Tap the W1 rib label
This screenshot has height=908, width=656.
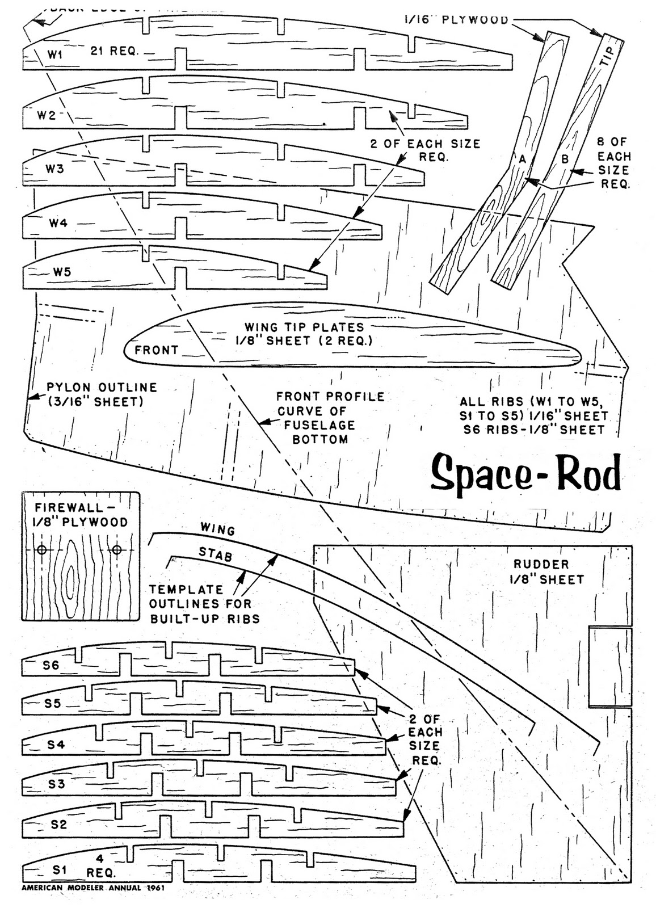pos(54,54)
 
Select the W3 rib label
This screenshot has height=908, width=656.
pos(54,169)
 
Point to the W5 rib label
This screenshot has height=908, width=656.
pos(62,271)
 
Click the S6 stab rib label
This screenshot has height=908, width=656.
pos(51,665)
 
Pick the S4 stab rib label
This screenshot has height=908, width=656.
pos(56,745)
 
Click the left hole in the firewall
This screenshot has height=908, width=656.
pos(41,550)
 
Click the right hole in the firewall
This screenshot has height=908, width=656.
pos(117,549)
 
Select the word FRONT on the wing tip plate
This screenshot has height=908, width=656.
pos(156,350)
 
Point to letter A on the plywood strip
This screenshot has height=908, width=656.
pos(523,160)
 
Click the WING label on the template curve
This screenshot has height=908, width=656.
pos(217,529)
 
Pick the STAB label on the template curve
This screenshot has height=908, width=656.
pos(215,554)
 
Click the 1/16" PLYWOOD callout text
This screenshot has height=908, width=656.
pos(456,20)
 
